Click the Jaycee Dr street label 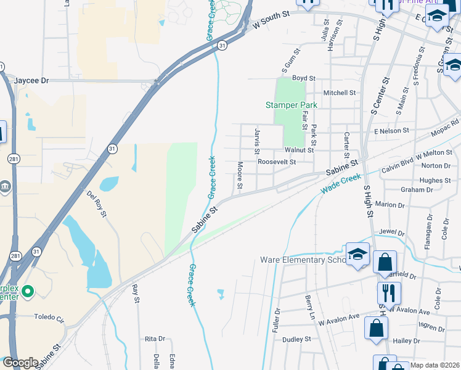(x=31, y=81)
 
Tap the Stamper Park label (x=291, y=105)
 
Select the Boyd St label (x=303, y=78)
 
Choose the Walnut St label (x=299, y=150)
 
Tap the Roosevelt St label (x=277, y=162)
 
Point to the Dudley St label (x=296, y=339)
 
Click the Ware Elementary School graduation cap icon (x=357, y=255)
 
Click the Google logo (x=20, y=363)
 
